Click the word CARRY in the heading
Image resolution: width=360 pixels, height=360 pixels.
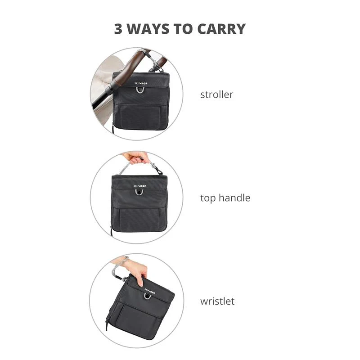pos(221,29)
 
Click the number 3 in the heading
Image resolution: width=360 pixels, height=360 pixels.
pos(118,29)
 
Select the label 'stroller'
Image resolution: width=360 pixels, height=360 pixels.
pos(216,94)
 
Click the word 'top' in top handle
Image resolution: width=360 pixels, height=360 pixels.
pos(207,198)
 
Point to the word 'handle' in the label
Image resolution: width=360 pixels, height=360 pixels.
pos(234,198)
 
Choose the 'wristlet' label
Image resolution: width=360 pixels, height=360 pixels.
pos(217,301)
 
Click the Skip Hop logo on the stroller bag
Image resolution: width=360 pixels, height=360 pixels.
pos(141,83)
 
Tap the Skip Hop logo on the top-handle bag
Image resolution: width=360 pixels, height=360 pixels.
pos(140,186)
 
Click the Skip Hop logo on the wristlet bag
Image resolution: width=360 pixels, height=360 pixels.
pos(150,291)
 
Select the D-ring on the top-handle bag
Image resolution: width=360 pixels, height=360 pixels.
pos(139,193)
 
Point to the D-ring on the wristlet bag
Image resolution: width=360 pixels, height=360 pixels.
pos(148,297)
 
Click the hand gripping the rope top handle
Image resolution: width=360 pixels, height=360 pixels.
pos(134,157)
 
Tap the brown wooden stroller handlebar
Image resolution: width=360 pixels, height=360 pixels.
pos(129,67)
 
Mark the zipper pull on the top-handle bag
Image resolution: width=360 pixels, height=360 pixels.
pos(111,231)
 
